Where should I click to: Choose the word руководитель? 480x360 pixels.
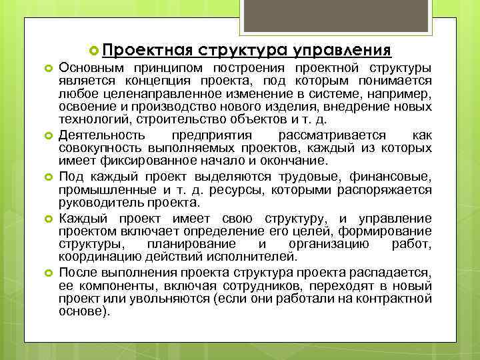tap(96, 203)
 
